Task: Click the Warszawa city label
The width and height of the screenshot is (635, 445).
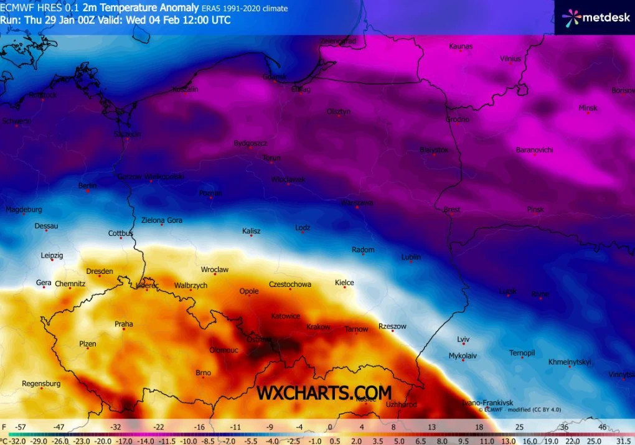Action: point(357,203)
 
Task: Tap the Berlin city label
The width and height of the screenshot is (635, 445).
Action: point(87,185)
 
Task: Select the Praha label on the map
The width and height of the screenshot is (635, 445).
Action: point(124,324)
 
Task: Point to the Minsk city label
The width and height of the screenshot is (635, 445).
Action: point(588,108)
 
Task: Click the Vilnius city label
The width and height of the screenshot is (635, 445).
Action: point(510,59)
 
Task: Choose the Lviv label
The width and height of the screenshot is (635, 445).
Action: point(463,339)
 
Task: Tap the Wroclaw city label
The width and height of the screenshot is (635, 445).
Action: point(215,269)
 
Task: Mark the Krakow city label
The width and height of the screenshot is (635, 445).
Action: point(319,327)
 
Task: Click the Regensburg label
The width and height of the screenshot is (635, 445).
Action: point(41,383)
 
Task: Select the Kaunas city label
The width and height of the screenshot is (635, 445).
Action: point(461,46)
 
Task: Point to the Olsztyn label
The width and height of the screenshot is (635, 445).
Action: point(339,111)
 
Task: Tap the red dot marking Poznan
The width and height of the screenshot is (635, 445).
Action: point(211,199)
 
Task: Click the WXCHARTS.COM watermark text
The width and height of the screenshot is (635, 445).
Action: point(324,393)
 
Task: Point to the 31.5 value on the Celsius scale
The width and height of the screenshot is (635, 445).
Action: point(623,439)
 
